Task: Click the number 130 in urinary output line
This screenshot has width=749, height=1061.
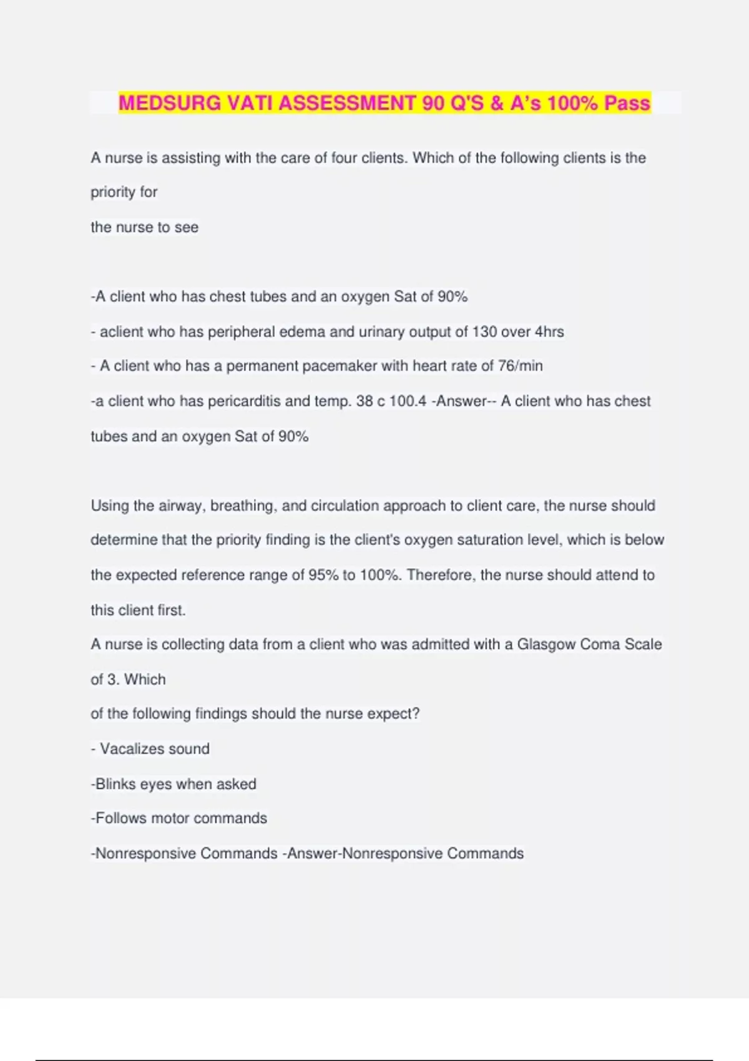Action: (484, 331)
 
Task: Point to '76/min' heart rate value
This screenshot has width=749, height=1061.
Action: (520, 366)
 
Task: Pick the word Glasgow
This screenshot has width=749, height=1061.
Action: (546, 644)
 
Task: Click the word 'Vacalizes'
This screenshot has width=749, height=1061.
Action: (129, 748)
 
